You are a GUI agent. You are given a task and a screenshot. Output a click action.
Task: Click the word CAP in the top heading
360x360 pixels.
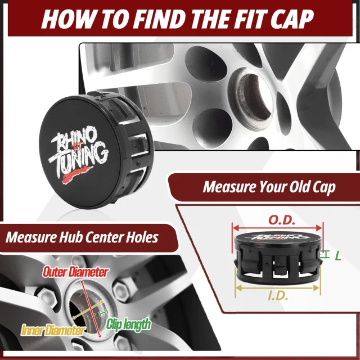tap(292, 19)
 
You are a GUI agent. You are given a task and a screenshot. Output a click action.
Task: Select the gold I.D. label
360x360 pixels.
tap(278, 296)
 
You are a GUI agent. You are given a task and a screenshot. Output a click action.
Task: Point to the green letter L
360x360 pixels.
tap(338, 255)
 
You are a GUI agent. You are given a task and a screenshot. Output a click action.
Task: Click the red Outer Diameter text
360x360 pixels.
tap(75, 272)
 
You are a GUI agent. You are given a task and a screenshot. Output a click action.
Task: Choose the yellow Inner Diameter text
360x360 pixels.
tap(52, 330)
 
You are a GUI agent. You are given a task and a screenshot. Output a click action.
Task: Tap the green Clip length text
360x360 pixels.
tap(129, 324)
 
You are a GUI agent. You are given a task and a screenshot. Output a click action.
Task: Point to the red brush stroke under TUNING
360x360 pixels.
tap(77, 174)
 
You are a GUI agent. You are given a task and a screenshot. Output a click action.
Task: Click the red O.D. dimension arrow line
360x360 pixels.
tap(277, 228)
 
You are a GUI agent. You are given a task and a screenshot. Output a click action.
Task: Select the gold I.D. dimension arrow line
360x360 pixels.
tap(277, 287)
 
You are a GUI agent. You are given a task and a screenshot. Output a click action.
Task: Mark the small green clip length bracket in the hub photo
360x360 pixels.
tap(103, 313)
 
